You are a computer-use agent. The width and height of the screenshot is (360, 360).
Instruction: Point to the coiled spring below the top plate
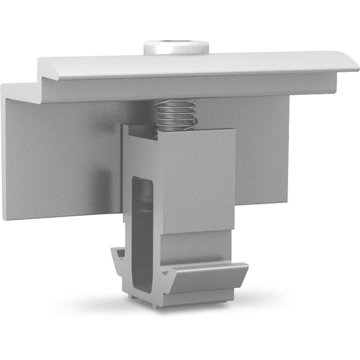click(x=175, y=114)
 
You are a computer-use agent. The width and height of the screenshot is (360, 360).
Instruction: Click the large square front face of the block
click(x=198, y=180)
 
